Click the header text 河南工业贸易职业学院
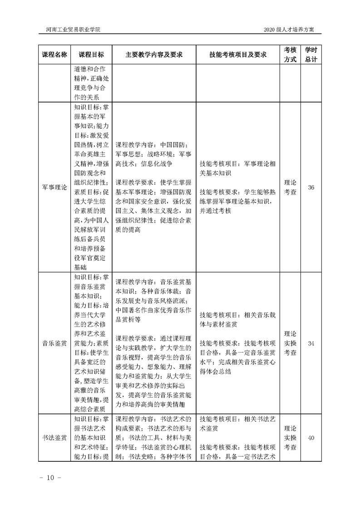tap(73, 29)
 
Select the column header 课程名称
tap(54, 54)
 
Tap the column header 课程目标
tap(91, 54)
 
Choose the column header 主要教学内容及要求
tap(154, 54)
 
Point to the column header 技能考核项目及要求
tap(237, 54)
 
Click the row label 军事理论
tap(54, 187)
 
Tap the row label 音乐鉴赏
tap(54, 343)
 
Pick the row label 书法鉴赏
tap(54, 438)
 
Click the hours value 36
tap(311, 187)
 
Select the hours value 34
tap(311, 343)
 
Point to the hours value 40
tap(311, 438)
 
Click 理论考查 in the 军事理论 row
tap(291, 187)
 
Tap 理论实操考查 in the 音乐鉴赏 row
tap(291, 343)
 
